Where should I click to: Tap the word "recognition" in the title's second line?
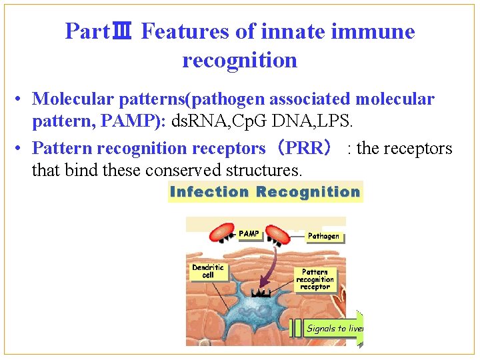pos(239,60)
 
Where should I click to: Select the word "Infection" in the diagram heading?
pos(209,192)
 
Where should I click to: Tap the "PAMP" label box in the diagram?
pos(248,234)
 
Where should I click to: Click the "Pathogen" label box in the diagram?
pos(323,236)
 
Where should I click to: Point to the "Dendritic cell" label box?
pos(208,271)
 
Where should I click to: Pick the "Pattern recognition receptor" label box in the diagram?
pos(315,279)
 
